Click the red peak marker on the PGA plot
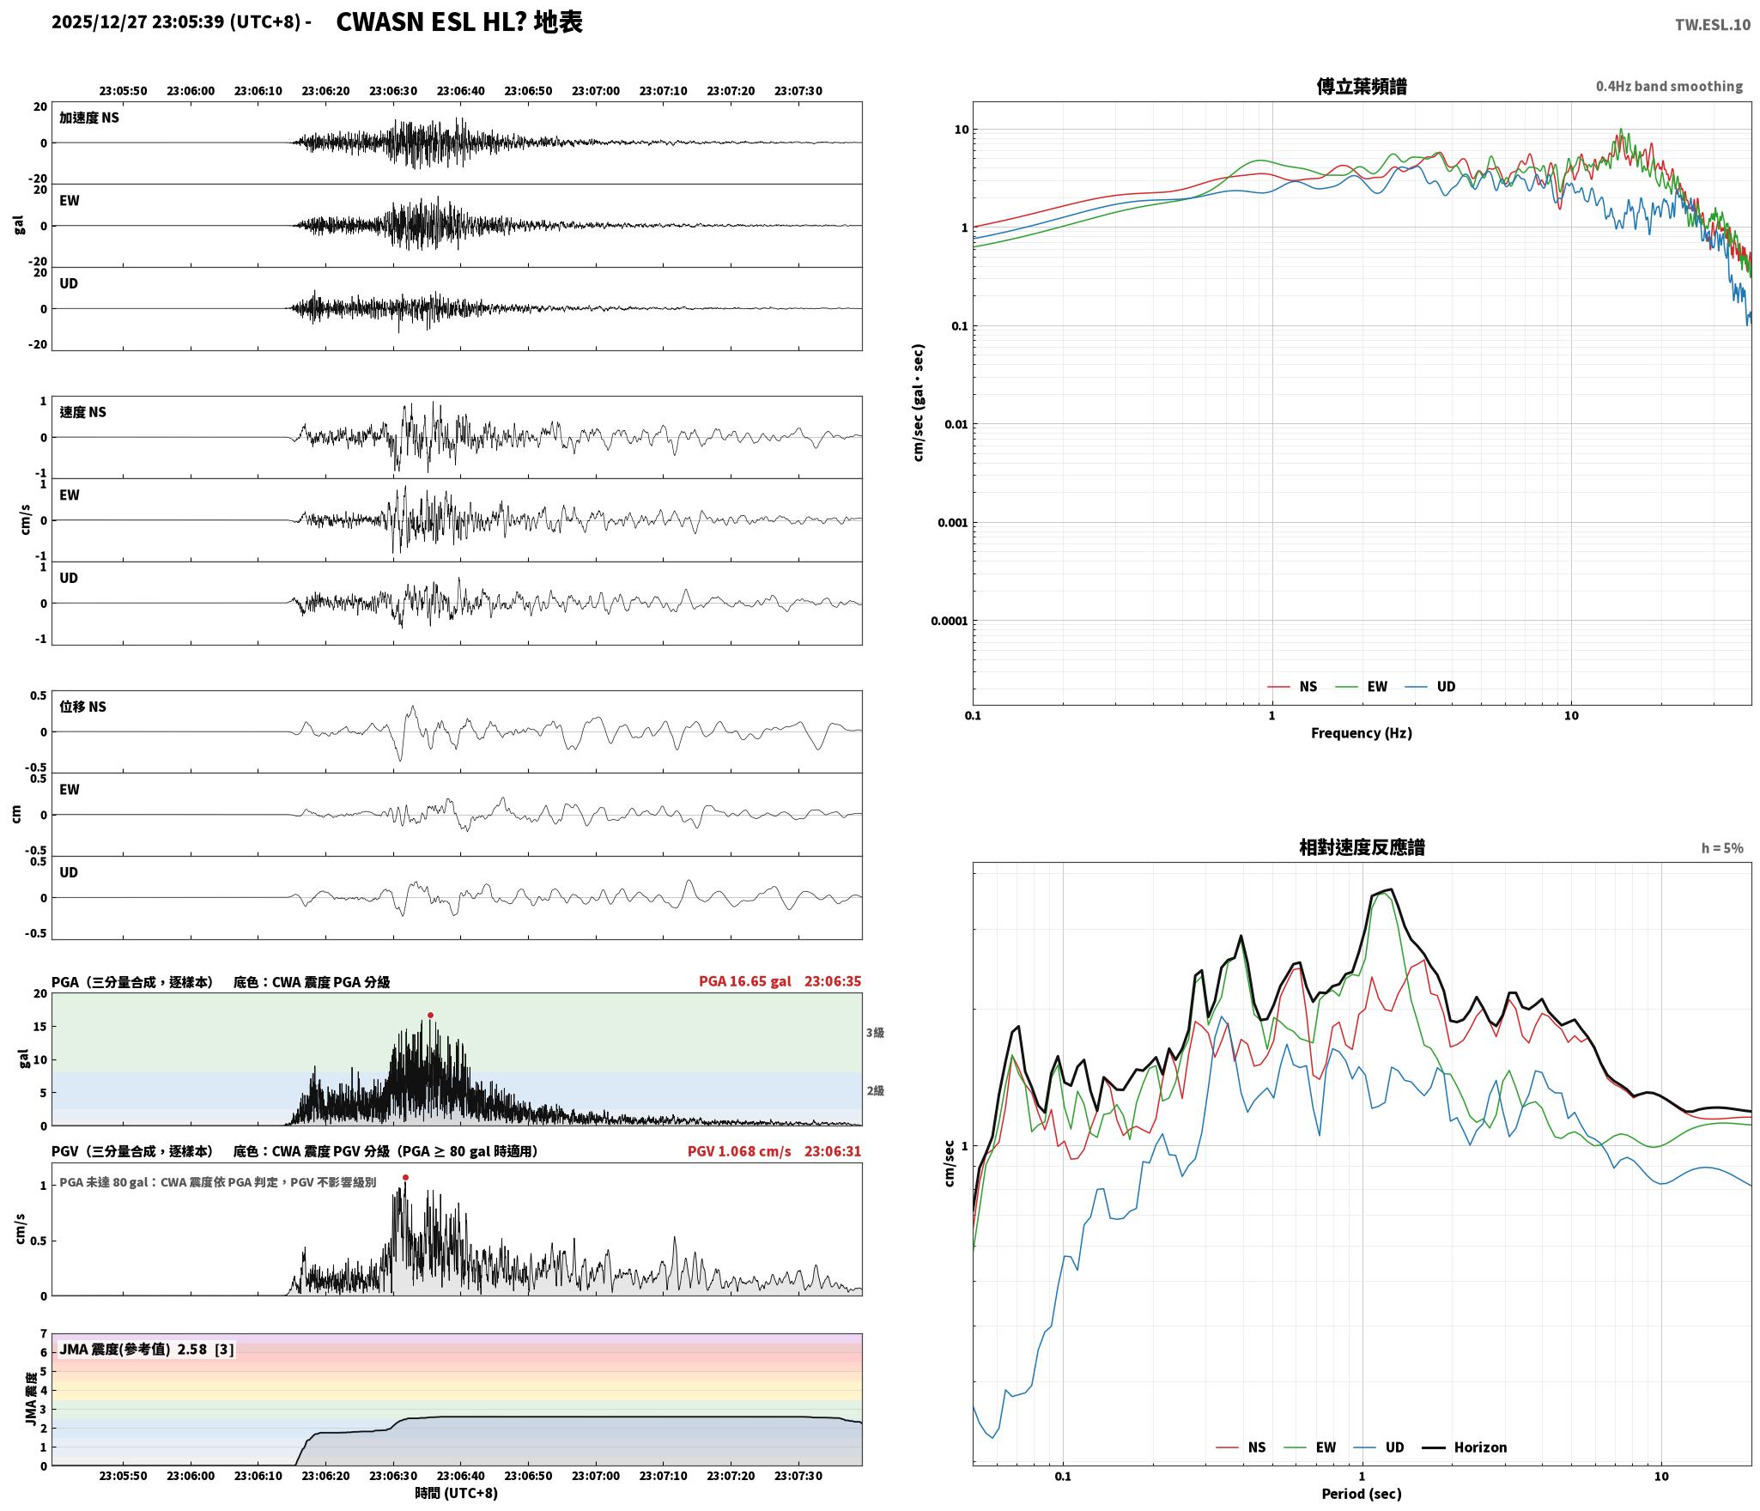click(430, 1016)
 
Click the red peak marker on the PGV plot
click(405, 1178)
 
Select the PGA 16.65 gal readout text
click(745, 981)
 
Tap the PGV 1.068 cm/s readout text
click(739, 1151)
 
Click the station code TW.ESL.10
click(1713, 25)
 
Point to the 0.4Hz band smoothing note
click(1669, 87)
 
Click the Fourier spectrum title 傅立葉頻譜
click(1362, 87)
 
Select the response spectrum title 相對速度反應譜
click(1362, 847)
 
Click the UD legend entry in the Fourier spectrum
click(1430, 687)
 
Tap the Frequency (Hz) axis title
click(1362, 733)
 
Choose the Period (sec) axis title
click(1362, 1494)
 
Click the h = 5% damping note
click(1722, 848)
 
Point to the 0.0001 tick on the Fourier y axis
click(949, 621)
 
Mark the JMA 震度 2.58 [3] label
click(146, 1350)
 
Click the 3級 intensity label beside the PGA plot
click(875, 1033)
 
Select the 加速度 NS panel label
click(89, 118)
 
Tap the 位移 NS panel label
click(83, 707)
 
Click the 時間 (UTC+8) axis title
click(457, 1493)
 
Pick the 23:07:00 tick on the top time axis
click(596, 91)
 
